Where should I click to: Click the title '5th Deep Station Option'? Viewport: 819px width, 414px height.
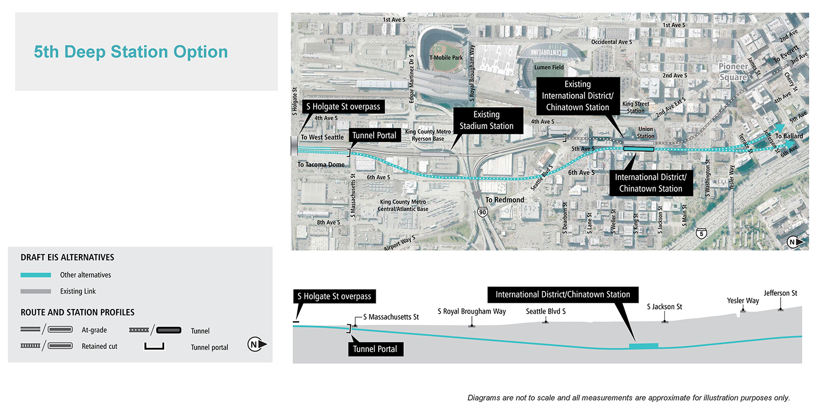click(x=131, y=52)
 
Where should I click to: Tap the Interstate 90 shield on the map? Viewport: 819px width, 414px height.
click(x=483, y=212)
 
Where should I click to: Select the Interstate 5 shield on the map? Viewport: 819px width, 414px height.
click(x=701, y=233)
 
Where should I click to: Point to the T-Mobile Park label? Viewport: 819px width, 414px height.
click(x=446, y=57)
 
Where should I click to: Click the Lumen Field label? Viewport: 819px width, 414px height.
click(x=549, y=67)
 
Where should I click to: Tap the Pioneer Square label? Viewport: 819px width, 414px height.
click(x=733, y=72)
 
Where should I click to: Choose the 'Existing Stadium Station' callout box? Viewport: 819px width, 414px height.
click(x=486, y=120)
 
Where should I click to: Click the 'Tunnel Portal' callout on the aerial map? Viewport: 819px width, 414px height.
click(x=374, y=135)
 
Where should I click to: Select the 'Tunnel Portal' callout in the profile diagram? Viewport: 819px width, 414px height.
click(x=375, y=349)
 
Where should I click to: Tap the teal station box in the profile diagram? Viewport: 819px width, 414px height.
click(x=643, y=346)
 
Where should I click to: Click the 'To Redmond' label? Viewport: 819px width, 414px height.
click(x=505, y=200)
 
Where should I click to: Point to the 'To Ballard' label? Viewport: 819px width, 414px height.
click(x=789, y=136)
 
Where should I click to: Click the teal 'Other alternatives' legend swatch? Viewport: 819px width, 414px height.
click(x=36, y=275)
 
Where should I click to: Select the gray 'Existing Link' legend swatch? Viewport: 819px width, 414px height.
click(x=36, y=292)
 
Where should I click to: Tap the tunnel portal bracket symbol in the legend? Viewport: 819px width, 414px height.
click(x=154, y=346)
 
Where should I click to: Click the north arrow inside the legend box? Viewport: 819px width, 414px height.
click(x=256, y=344)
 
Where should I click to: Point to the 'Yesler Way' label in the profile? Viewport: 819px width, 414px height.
click(x=743, y=301)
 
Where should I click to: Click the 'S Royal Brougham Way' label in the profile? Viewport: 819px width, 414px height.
click(x=471, y=312)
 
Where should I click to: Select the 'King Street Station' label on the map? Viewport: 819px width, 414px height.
click(x=636, y=107)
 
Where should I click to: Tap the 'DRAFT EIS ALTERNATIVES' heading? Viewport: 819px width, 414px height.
click(x=67, y=257)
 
